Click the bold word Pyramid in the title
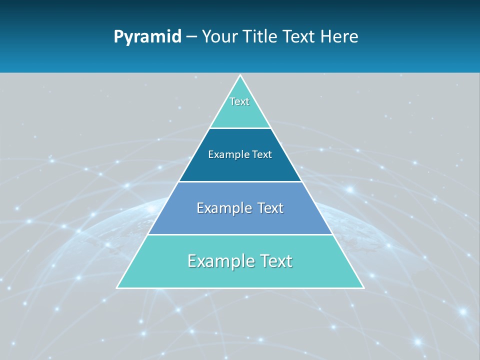tap(147, 37)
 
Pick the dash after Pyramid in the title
tap(191, 37)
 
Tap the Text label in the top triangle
tap(239, 101)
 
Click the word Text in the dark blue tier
tap(262, 154)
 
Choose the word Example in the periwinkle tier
tap(219, 208)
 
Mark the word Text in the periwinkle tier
tap(270, 208)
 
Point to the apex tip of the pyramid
tap(240, 75)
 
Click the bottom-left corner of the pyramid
tap(117, 287)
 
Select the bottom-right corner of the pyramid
tap(363, 287)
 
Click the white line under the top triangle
tap(240, 128)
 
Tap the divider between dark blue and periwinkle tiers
tap(240, 181)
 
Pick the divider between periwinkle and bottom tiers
tap(240, 234)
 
